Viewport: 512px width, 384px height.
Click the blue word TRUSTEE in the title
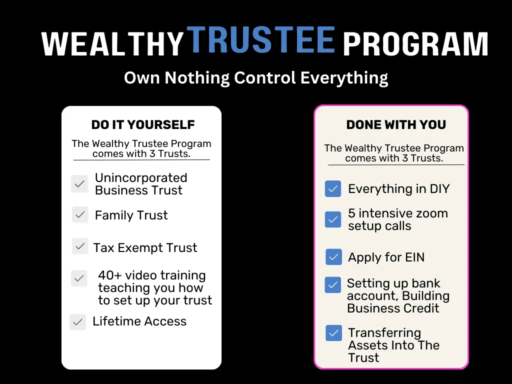[x=261, y=40]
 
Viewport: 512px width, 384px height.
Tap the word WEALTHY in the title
[x=113, y=44]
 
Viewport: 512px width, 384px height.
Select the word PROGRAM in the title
[x=415, y=44]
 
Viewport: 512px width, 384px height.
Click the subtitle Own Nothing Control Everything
[x=256, y=78]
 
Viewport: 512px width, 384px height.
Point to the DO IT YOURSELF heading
[x=143, y=124]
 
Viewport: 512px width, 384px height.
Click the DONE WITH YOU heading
[x=396, y=124]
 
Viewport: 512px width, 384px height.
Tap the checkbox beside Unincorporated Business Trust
[x=79, y=183]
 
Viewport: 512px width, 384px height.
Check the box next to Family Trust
[x=80, y=215]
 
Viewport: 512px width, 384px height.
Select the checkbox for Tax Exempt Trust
[x=80, y=246]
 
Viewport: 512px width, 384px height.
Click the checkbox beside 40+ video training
[x=79, y=278]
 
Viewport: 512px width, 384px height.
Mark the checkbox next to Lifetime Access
[x=77, y=322]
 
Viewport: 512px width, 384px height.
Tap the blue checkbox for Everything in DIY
[x=333, y=188]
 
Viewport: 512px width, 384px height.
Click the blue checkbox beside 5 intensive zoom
[x=333, y=219]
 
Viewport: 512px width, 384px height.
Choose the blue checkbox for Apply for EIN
[x=333, y=256]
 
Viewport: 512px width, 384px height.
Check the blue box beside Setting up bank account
[x=332, y=284]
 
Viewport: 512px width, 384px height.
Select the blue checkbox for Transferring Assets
[x=333, y=333]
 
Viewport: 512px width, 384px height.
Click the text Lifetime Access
[x=139, y=321]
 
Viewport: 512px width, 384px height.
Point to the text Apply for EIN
[x=386, y=257]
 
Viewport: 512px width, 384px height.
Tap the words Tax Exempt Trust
[x=145, y=247]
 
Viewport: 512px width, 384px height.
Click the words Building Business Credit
[x=398, y=302]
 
